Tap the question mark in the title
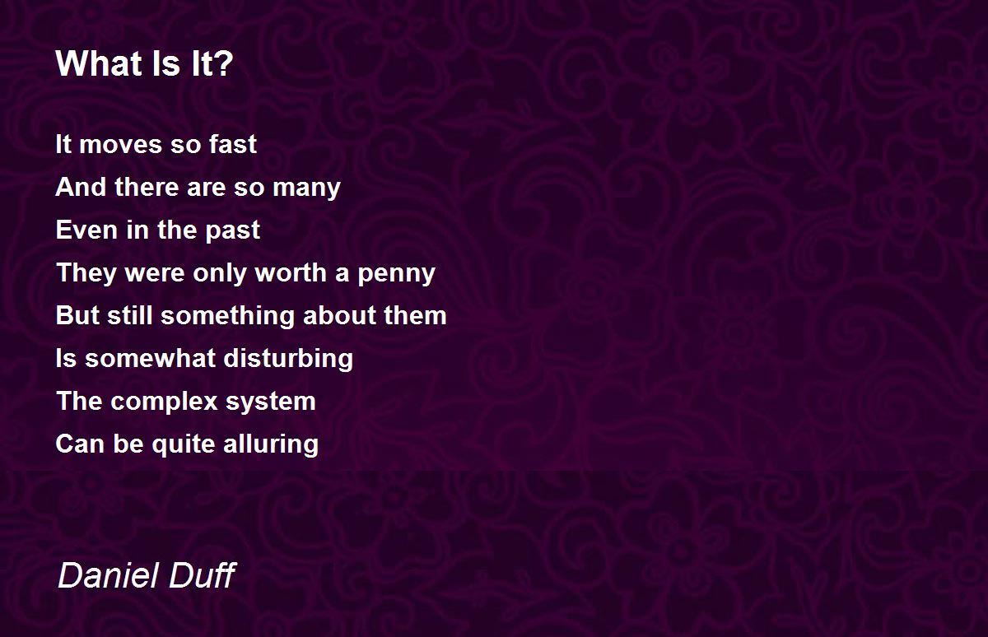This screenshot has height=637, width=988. click(x=225, y=63)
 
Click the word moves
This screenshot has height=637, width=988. click(x=121, y=145)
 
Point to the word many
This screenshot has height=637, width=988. click(x=306, y=188)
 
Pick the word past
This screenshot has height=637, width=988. click(x=233, y=231)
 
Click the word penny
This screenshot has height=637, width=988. click(x=397, y=274)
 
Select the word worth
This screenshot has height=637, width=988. click(x=291, y=272)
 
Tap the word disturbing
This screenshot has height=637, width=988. click(x=288, y=359)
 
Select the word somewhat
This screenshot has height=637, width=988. click(x=150, y=358)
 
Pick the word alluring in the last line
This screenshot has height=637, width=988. click(x=271, y=444)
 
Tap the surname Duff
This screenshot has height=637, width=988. click(x=203, y=574)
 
